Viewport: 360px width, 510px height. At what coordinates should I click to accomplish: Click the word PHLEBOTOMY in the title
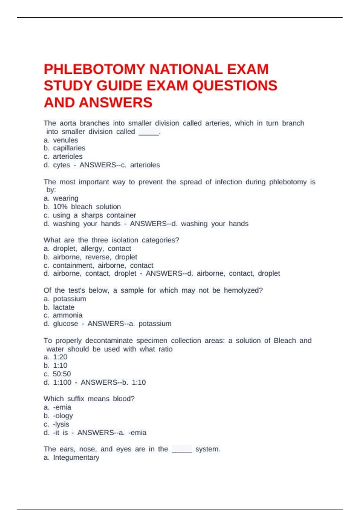coord(94,69)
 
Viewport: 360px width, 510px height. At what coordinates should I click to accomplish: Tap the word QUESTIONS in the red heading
coord(235,86)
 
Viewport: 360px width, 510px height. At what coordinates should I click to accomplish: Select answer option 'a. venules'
coord(61,140)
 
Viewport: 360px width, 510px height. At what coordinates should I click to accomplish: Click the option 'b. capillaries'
coord(64,148)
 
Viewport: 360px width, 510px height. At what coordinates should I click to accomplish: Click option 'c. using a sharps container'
coord(90,215)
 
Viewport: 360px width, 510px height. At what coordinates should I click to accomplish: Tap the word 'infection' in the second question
coord(228,182)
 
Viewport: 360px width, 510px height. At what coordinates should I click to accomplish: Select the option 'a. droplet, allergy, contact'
coord(87,248)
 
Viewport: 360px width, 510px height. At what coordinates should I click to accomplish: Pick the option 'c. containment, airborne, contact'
coord(98,265)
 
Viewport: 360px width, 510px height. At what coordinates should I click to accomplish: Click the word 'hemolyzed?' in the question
coord(243,290)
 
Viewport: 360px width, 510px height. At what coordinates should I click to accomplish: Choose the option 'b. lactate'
coord(59,307)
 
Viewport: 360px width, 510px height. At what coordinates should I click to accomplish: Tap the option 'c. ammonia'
coord(63,315)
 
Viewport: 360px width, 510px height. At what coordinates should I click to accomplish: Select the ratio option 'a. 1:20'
coord(55,357)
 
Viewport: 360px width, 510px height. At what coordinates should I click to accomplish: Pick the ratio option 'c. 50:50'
coord(57,374)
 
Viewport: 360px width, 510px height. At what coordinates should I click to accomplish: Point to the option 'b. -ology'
coord(58,416)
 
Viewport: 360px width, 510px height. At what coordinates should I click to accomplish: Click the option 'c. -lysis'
coord(56,424)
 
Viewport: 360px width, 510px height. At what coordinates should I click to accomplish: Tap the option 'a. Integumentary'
coord(71,457)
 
